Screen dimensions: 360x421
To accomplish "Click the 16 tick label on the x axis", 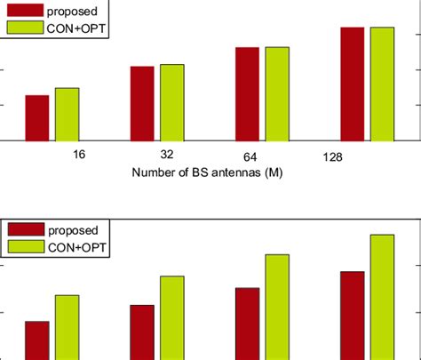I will pyautogui.click(x=79, y=155).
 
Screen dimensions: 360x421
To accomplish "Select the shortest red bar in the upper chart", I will pyautogui.click(x=37, y=117).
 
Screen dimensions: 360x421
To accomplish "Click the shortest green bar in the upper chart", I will pyautogui.click(x=67, y=114).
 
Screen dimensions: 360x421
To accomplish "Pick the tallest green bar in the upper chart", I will pyautogui.click(x=382, y=84).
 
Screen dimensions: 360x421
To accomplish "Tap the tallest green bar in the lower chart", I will pyautogui.click(x=382, y=297).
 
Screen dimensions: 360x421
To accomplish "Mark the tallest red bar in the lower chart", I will pyautogui.click(x=353, y=315).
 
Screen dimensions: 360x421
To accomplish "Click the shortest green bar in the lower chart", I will pyautogui.click(x=67, y=326).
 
